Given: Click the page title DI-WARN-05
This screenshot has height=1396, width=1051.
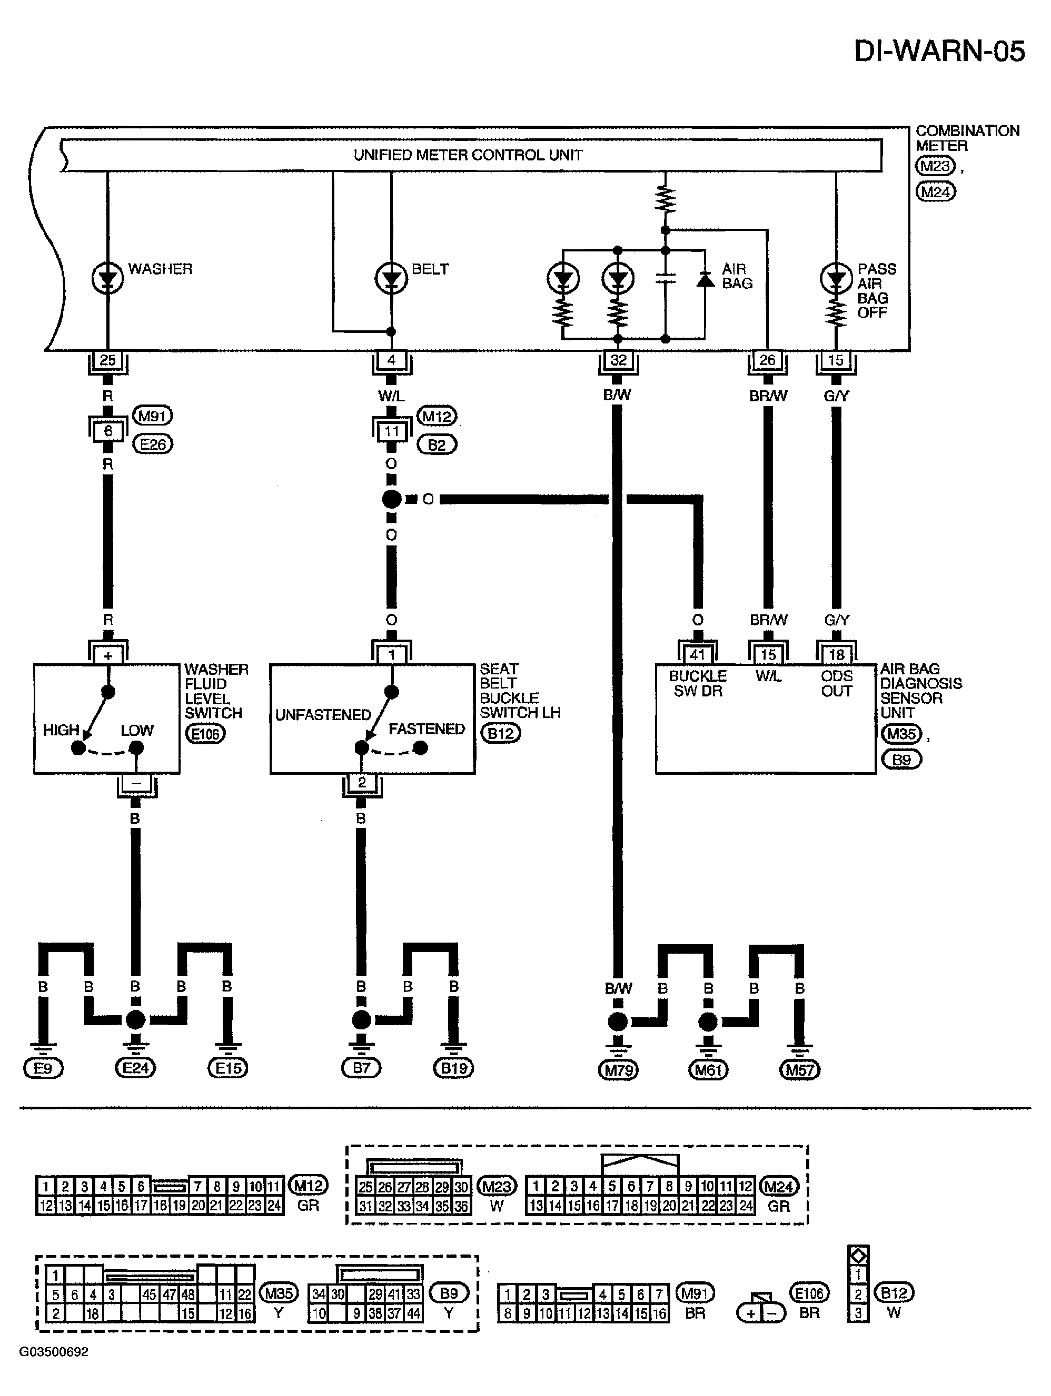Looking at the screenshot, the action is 939,51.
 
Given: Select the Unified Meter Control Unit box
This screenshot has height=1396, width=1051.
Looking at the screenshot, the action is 471,155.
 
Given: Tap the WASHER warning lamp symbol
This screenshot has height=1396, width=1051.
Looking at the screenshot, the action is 107,278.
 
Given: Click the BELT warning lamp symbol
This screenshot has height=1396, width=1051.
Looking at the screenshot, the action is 391,278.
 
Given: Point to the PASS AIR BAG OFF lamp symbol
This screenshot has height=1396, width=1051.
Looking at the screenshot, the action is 836,278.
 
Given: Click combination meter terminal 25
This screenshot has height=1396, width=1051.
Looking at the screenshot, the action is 108,360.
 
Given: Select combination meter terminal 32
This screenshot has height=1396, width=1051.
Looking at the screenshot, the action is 618,360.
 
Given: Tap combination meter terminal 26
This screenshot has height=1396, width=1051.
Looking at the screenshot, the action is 767,360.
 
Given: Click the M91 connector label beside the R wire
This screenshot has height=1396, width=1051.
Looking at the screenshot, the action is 152,416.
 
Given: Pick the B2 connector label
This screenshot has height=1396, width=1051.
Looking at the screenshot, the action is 437,445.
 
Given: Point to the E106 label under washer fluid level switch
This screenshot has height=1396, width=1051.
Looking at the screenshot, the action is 205,734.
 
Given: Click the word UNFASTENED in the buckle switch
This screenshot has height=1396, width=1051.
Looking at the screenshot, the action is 323,715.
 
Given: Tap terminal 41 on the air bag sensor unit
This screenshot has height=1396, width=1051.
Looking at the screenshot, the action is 697,655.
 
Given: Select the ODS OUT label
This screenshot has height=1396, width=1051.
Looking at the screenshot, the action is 837,683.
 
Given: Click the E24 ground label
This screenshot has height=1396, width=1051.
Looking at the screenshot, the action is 135,1068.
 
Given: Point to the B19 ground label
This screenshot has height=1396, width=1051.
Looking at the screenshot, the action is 453,1068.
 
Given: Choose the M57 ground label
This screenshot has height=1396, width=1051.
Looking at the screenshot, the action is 800,1070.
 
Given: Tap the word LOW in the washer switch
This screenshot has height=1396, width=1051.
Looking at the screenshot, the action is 137,730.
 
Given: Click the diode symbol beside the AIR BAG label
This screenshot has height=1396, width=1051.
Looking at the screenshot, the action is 705,280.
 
